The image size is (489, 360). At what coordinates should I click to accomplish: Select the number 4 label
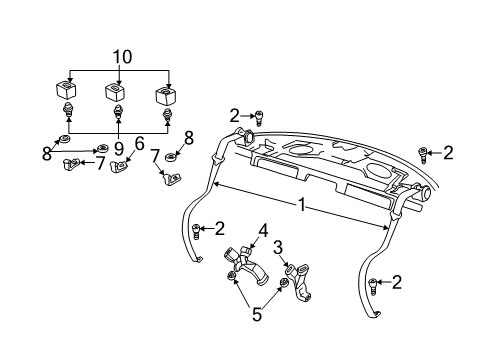[263, 232]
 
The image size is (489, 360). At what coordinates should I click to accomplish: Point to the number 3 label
[280, 247]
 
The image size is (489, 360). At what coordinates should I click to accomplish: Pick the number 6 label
[140, 142]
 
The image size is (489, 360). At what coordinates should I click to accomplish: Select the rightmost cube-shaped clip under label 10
[165, 97]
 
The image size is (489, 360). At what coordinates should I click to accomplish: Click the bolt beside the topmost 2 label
[258, 117]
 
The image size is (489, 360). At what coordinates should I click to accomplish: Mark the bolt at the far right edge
[423, 153]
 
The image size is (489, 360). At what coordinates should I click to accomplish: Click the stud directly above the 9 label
[117, 111]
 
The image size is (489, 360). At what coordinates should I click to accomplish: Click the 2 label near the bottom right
[397, 283]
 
